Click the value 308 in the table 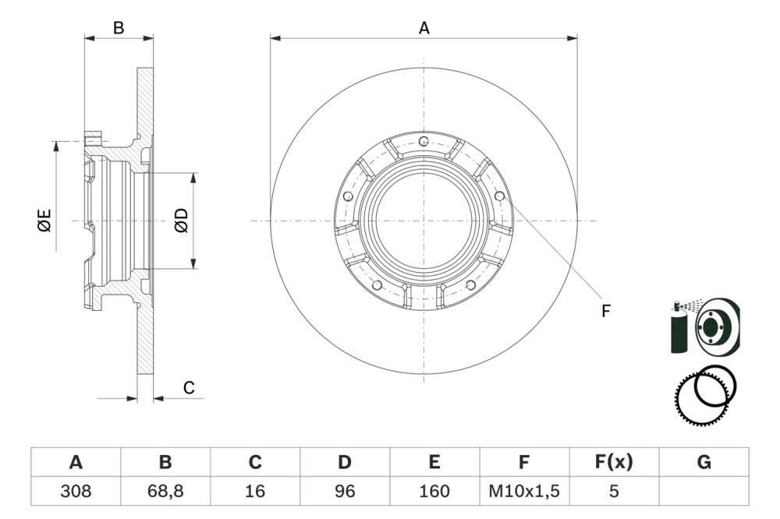pos(76,491)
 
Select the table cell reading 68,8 pos(165,491)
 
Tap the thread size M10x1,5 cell pos(524,491)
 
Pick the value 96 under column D pos(345,491)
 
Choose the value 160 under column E pos(434,491)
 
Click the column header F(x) pos(614,463)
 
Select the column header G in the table pos(704,463)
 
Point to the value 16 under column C pos(255,491)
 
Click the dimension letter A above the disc pos(424,28)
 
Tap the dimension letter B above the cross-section pos(119,28)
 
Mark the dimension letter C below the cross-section pos(189,388)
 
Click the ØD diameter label pos(181,221)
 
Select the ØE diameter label pos(44,221)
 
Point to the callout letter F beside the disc pos(605,312)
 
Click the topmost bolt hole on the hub pos(423,141)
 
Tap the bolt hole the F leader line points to pos(499,196)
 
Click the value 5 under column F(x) pos(614,491)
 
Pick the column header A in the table pos(76,463)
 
